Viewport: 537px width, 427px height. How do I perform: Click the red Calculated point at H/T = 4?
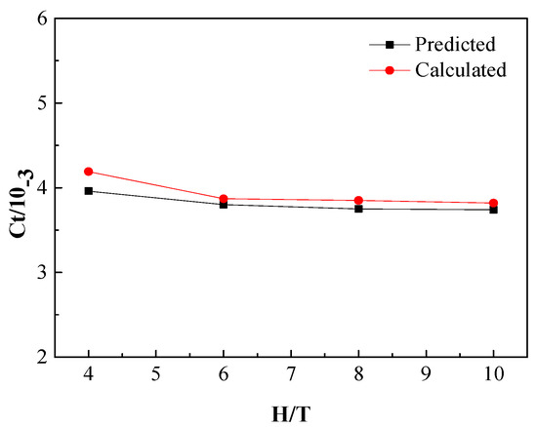click(89, 172)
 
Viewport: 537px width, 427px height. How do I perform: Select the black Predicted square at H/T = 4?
click(89, 191)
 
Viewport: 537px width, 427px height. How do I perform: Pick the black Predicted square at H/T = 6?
click(224, 205)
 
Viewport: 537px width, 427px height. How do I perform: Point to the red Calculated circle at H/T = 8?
click(358, 201)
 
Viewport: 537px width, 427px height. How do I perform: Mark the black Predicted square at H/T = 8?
click(358, 209)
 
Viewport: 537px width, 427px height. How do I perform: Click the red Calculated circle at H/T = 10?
click(493, 203)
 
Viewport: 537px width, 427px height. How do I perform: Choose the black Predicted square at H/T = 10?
click(493, 210)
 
